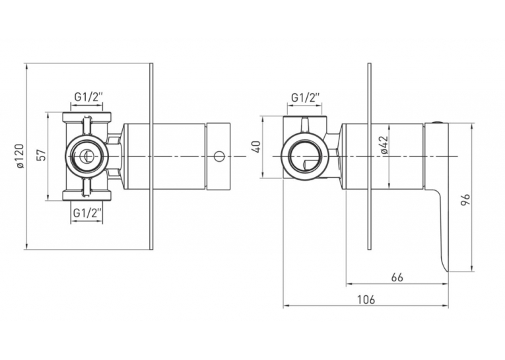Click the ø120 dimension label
(x=20, y=157)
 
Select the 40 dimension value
(x=257, y=147)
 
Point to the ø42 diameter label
(x=384, y=146)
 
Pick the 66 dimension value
(x=397, y=277)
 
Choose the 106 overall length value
(x=366, y=299)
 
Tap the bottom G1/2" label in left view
(x=88, y=213)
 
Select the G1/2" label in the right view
(x=306, y=97)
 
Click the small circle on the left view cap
(x=219, y=157)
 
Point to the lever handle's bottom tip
(x=447, y=271)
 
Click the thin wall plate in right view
(x=370, y=156)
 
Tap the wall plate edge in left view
(x=151, y=156)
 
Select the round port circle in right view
(x=305, y=156)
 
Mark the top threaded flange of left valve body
(x=87, y=117)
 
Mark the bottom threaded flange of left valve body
(x=87, y=196)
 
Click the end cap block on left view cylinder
(x=219, y=157)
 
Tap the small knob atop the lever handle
(x=437, y=122)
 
